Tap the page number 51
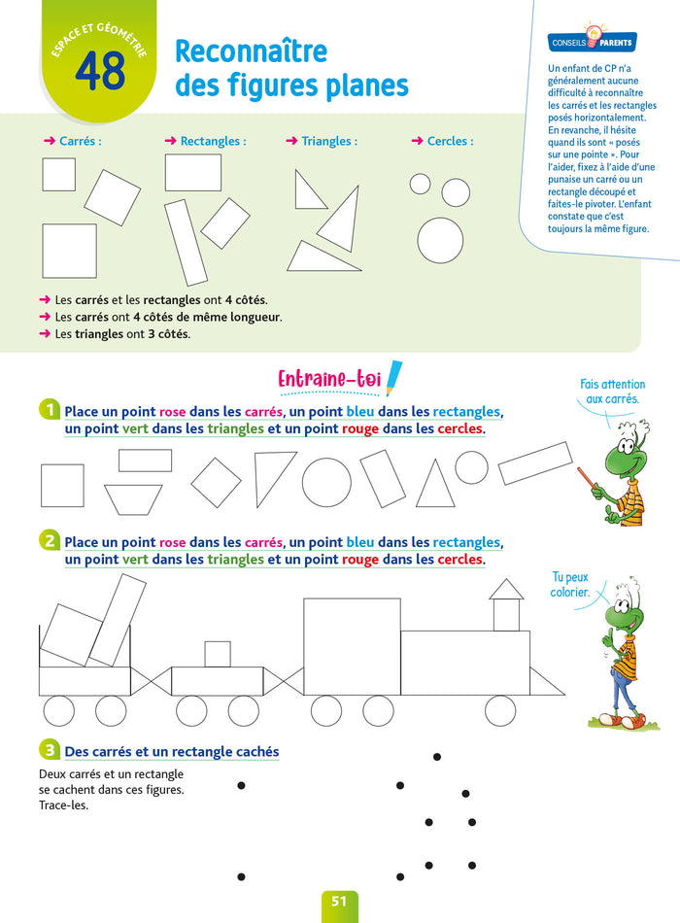(339, 902)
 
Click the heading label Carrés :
(73, 141)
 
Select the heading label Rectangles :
(206, 141)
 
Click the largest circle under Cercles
(440, 240)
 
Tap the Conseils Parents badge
(592, 43)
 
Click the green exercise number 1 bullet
(49, 410)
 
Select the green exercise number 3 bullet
(49, 750)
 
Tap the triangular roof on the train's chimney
(506, 589)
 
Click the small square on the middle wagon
(218, 654)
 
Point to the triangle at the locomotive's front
(546, 682)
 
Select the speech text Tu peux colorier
(570, 585)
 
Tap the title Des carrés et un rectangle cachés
(171, 751)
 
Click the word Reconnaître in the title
(251, 51)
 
